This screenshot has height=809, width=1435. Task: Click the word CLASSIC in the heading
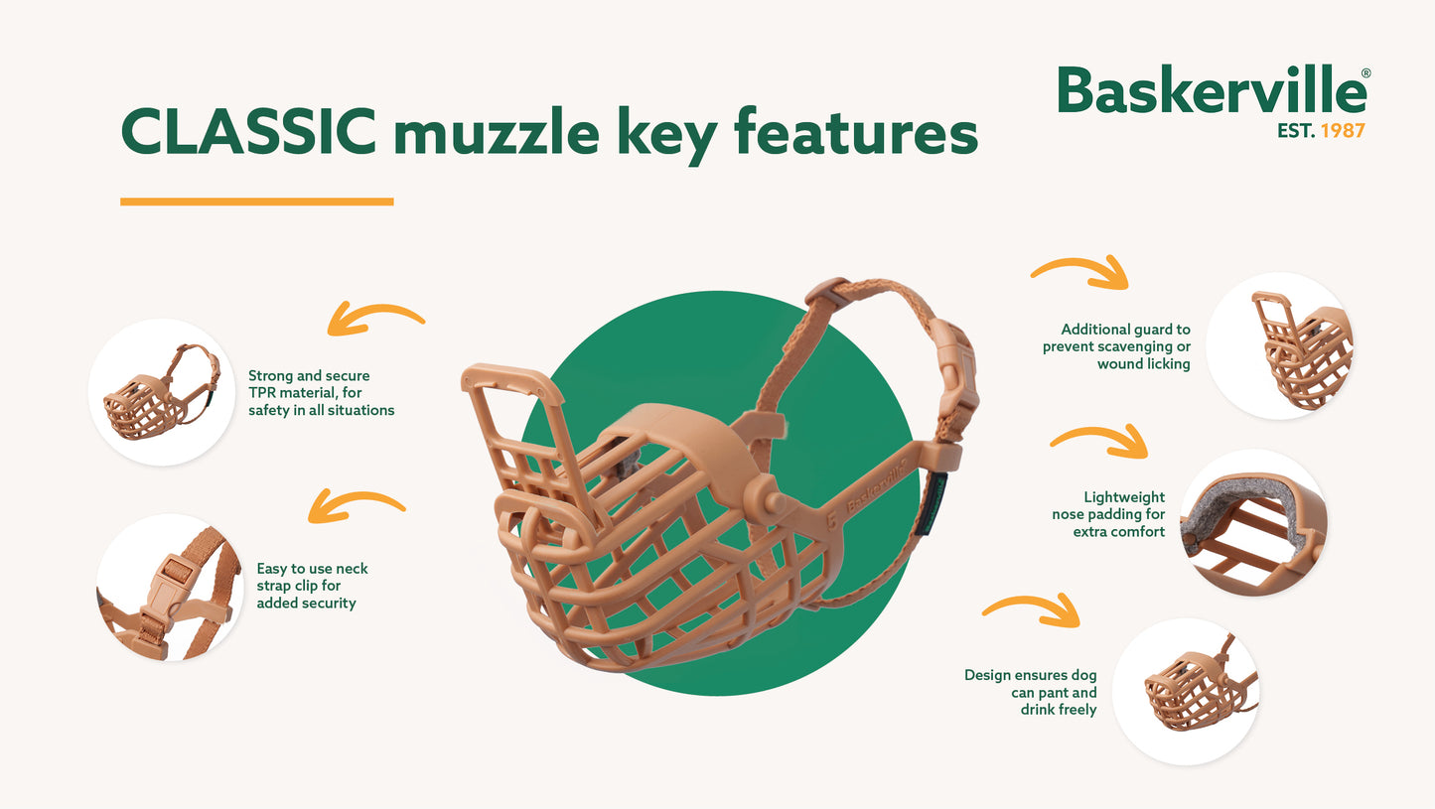click(248, 132)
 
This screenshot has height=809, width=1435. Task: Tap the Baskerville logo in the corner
click(1213, 92)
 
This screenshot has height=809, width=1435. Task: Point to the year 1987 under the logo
click(1343, 130)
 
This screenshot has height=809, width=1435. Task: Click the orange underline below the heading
click(256, 202)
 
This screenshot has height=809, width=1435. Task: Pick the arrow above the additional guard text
click(1080, 270)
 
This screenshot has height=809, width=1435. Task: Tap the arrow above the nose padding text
click(1099, 439)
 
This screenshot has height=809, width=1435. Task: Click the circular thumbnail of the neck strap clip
click(170, 589)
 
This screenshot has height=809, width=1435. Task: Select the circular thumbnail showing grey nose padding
click(1253, 523)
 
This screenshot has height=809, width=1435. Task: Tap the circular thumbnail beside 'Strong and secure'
click(161, 392)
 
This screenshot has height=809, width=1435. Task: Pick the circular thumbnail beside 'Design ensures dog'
click(1187, 692)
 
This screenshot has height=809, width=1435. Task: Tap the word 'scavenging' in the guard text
click(1133, 346)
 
